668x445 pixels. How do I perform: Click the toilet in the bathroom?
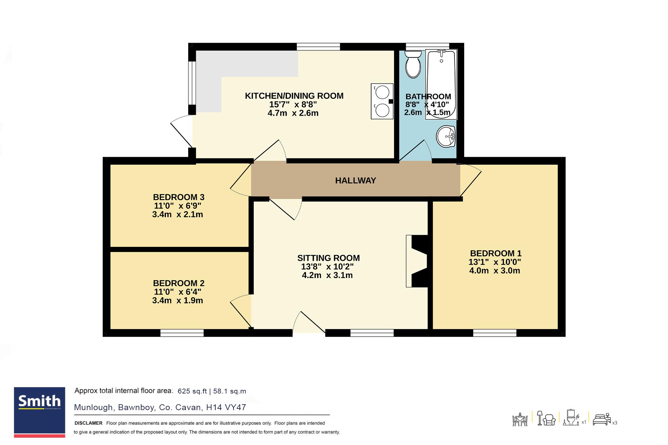(x=413, y=64)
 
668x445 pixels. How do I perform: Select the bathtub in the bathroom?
(x=441, y=84)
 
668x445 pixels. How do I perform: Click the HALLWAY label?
(x=356, y=180)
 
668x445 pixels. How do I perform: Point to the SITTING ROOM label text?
(x=328, y=258)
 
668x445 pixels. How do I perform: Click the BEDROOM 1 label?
(x=496, y=253)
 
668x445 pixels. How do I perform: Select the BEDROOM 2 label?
(x=179, y=283)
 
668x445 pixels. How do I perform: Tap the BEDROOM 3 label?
(x=179, y=197)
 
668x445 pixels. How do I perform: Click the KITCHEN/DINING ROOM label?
(x=294, y=96)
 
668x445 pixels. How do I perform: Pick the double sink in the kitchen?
(x=382, y=101)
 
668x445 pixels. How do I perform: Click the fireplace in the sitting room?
(x=417, y=261)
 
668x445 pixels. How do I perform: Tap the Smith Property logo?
(x=39, y=412)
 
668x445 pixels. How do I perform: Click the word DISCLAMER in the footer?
(x=88, y=423)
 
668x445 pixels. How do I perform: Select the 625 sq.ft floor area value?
(x=192, y=391)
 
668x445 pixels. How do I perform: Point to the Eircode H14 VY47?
(x=226, y=408)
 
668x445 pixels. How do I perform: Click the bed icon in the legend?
(x=601, y=420)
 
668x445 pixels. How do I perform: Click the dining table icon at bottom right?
(x=520, y=420)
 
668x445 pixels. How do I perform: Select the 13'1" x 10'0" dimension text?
(x=495, y=262)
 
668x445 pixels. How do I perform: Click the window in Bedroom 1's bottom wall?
(x=495, y=333)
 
